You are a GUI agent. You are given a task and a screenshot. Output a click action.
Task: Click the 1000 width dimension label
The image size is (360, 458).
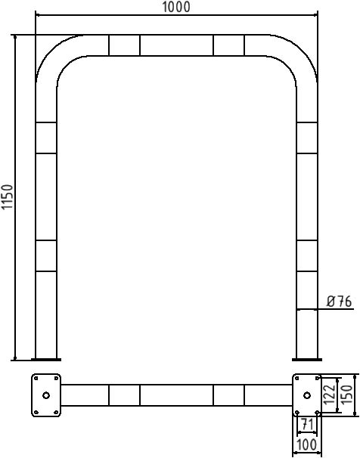(x=176, y=7)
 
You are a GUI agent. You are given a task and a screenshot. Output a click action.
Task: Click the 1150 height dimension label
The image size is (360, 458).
(x=8, y=197)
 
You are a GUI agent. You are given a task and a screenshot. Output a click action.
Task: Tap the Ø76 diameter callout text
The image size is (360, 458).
(x=339, y=302)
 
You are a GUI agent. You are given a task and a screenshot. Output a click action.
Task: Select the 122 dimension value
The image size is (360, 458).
(x=329, y=395)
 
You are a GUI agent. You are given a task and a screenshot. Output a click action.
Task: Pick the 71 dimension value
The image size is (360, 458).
(x=307, y=424)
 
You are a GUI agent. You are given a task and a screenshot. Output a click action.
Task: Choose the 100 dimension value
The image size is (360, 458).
(x=306, y=445)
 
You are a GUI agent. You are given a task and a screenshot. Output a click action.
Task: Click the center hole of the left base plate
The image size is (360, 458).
(x=46, y=395)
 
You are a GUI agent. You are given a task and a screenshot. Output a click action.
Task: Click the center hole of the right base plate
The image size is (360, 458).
(x=307, y=395)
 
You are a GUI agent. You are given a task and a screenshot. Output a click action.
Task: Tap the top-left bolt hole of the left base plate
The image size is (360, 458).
(x=36, y=378)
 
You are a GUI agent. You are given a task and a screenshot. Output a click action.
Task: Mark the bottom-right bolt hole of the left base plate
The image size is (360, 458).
(x=56, y=413)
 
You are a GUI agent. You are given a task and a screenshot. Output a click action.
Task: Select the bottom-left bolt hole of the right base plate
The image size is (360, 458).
(x=297, y=413)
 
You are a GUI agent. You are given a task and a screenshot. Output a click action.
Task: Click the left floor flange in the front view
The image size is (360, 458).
(x=46, y=360)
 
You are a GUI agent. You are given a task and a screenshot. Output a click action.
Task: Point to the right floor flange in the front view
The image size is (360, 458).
(x=307, y=360)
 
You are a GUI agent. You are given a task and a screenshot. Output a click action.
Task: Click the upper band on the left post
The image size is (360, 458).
(x=46, y=138)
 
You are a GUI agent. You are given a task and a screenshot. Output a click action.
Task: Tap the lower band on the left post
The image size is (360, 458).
(x=46, y=256)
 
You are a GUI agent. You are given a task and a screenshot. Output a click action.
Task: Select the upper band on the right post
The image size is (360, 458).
(x=307, y=138)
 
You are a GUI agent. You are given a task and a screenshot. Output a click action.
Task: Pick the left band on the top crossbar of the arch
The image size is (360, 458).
(x=125, y=45)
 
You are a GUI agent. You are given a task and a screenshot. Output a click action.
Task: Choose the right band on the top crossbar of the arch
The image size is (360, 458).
(x=229, y=45)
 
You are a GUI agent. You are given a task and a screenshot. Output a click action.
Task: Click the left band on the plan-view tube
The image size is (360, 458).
(x=125, y=395)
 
